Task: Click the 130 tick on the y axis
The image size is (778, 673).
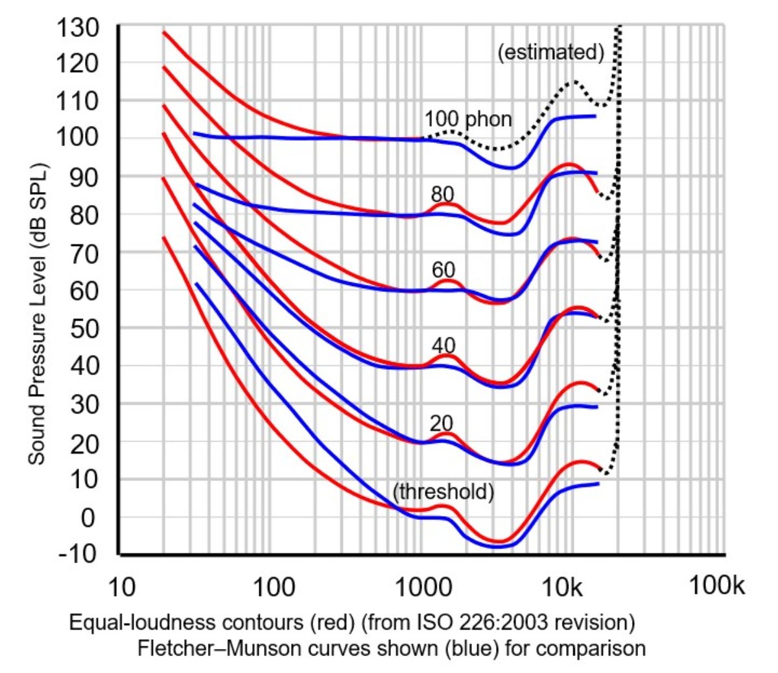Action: pos(78,28)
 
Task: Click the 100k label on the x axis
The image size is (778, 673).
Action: pos(716,586)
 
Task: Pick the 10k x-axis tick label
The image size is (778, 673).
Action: pos(563,587)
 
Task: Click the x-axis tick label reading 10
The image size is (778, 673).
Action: pos(121,587)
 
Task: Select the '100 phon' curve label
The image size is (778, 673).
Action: pos(468,119)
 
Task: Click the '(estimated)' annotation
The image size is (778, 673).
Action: pos(550,52)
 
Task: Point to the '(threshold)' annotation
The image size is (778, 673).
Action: pos(443,492)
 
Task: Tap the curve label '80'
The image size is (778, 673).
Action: pos(443,194)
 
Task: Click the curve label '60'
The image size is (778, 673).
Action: pos(443,269)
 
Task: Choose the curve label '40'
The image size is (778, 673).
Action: pos(443,345)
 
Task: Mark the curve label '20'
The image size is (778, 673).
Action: pos(442,423)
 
